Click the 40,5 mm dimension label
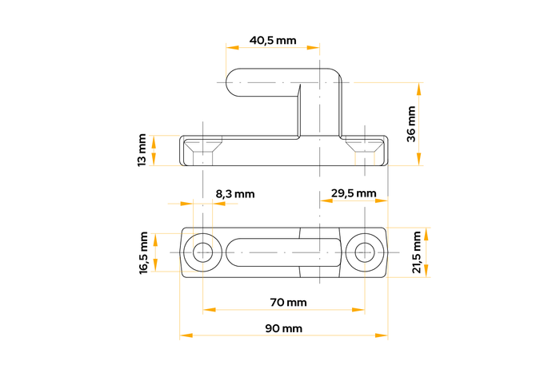[x=273, y=40]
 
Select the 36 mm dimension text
[x=411, y=124]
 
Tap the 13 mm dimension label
[x=142, y=150]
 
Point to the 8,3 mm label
[x=235, y=194]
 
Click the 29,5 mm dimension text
[x=354, y=193]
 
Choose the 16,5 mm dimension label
[x=143, y=253]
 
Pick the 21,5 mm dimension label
[x=417, y=252]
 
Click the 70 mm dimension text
[x=288, y=303]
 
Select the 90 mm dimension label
[x=283, y=328]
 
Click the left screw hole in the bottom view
[x=203, y=252]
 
